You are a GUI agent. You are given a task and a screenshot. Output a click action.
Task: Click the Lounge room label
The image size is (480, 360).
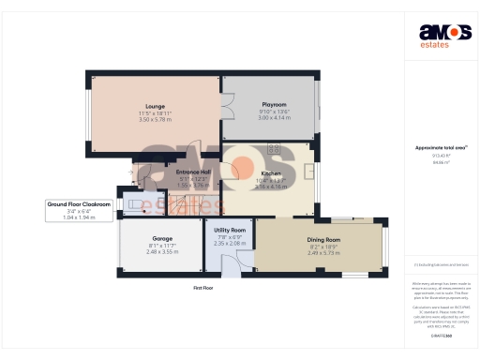point(156,107)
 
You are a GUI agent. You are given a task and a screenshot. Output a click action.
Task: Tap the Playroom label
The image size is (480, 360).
point(275,104)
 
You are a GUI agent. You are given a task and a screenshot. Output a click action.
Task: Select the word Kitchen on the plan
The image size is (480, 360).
point(272,174)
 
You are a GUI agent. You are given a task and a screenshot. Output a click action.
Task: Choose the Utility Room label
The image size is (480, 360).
point(230,230)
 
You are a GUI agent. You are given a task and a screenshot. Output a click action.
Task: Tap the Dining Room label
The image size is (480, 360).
point(323,240)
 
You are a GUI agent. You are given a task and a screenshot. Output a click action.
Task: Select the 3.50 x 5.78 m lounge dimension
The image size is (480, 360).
point(156,120)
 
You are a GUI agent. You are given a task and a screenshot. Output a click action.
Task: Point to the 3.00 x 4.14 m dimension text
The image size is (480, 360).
point(275,117)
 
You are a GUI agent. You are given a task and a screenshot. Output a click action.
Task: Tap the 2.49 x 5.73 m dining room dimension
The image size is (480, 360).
point(323,253)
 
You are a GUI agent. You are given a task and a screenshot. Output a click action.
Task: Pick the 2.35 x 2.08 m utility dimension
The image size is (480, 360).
point(230,243)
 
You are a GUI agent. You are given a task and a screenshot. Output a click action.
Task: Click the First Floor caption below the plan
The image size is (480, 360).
point(203,288)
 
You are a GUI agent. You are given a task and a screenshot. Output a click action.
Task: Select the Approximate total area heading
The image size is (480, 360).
point(435,148)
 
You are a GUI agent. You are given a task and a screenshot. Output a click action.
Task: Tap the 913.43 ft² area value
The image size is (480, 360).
point(437,157)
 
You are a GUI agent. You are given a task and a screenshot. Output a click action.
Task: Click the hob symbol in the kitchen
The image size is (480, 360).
point(275,147)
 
